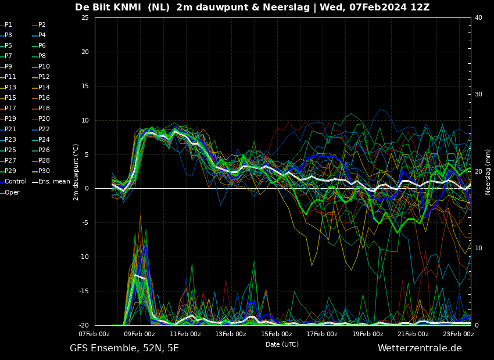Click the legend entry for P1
(6, 24)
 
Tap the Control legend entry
(13, 181)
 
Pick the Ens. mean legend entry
(51, 181)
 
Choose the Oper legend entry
(10, 192)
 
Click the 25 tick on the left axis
(85, 17)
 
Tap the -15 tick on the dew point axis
(84, 291)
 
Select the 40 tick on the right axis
(478, 17)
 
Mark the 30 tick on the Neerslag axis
(478, 95)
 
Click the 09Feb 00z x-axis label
(139, 334)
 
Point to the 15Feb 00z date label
(277, 334)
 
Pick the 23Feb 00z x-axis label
(459, 334)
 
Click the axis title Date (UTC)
(282, 344)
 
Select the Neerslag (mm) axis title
(488, 171)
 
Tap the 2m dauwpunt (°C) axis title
(76, 172)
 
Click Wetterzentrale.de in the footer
(420, 348)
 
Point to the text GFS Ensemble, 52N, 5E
(124, 348)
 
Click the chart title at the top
(252, 7)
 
